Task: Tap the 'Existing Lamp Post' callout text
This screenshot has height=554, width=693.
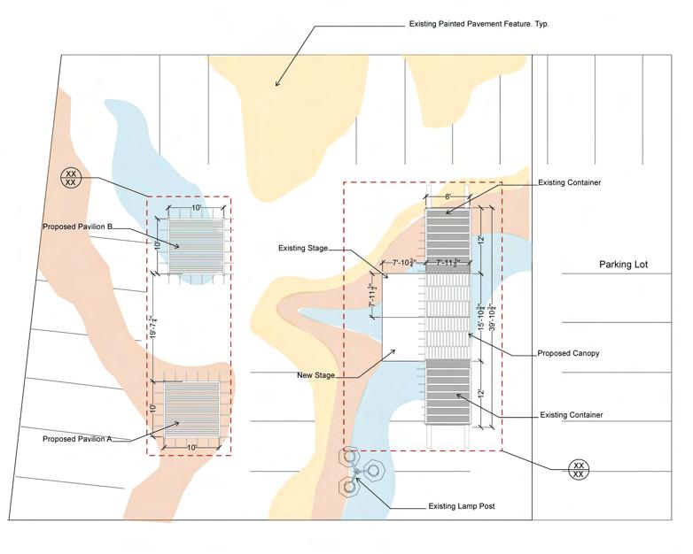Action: click(x=455, y=507)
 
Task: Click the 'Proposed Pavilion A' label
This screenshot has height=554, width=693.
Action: click(x=77, y=439)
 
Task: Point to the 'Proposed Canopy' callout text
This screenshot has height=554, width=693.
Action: click(x=568, y=353)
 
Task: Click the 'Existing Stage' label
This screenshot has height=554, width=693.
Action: click(x=304, y=249)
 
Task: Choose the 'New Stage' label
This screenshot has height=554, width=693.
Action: click(x=315, y=375)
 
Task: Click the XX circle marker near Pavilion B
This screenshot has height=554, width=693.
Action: click(x=72, y=177)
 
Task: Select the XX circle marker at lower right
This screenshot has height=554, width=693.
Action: click(x=579, y=469)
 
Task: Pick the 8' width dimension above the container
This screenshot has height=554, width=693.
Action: click(x=448, y=196)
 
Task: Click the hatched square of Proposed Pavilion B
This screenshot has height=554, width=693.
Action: click(x=195, y=245)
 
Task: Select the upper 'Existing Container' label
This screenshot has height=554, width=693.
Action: click(x=570, y=182)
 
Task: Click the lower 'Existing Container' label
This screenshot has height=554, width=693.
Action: click(x=572, y=414)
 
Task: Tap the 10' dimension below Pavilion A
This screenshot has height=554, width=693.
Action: click(x=191, y=447)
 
